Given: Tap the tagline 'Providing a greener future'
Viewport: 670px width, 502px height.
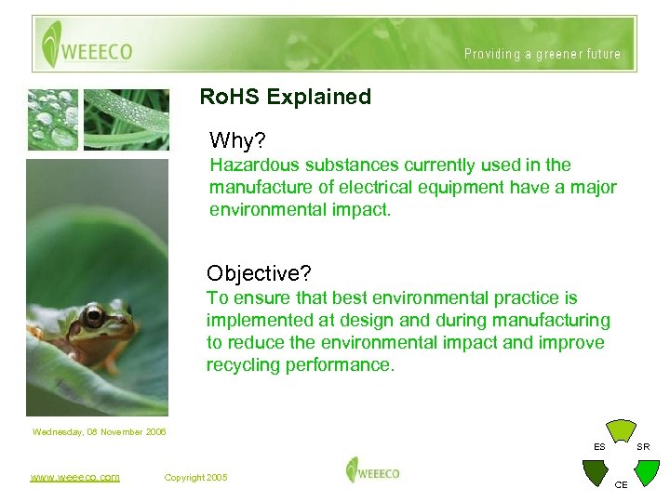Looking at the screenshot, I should click(x=542, y=54).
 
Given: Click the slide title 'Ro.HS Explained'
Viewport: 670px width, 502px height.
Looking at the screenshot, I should click(x=286, y=97).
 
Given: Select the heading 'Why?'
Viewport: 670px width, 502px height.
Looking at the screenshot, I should click(x=237, y=140).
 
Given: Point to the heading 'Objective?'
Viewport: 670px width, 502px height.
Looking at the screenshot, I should click(x=259, y=273).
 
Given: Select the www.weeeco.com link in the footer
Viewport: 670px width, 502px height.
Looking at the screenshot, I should click(x=74, y=477).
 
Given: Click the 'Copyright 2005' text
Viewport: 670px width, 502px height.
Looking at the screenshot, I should click(x=195, y=477).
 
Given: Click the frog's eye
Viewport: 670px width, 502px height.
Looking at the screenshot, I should click(x=94, y=318).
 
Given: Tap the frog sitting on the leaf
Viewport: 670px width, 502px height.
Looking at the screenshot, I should click(x=88, y=330).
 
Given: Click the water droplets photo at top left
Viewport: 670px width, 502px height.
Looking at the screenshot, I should click(x=53, y=119).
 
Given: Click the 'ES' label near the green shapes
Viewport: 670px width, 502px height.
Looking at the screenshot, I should click(x=600, y=447).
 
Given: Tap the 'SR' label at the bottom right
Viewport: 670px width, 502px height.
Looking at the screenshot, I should click(x=643, y=447).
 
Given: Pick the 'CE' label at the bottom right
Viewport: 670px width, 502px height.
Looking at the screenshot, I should click(x=622, y=485).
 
